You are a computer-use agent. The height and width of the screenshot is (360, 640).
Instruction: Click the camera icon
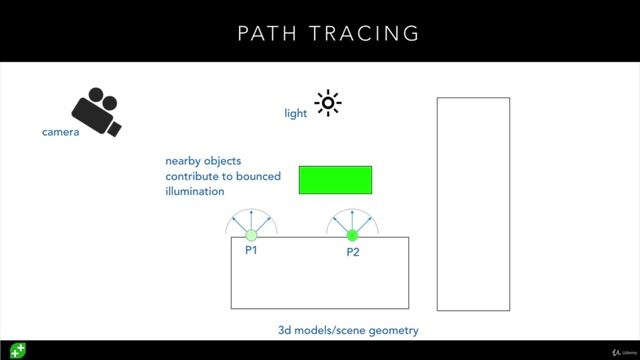click(x=96, y=111)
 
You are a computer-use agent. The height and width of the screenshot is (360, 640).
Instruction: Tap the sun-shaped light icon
click(x=327, y=103)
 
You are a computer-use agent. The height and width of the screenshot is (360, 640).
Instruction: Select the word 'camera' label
click(x=60, y=132)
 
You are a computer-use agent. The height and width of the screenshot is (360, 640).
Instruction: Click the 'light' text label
click(x=296, y=114)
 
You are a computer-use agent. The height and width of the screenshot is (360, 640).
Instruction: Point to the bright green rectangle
click(x=335, y=180)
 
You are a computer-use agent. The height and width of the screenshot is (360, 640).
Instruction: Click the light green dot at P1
click(x=251, y=236)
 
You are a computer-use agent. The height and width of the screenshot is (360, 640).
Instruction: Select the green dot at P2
click(x=352, y=236)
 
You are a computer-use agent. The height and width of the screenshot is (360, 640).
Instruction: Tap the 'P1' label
click(x=251, y=250)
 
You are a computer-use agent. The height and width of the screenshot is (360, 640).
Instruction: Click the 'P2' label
click(x=353, y=252)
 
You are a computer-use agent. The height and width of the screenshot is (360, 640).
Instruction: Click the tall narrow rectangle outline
click(x=473, y=203)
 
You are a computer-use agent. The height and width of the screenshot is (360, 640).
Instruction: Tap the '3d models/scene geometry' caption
click(x=348, y=330)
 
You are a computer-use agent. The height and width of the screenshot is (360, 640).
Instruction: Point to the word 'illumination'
click(x=195, y=191)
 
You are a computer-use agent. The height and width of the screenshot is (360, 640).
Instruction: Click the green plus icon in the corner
click(x=17, y=350)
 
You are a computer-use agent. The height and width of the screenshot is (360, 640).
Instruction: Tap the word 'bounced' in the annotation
click(x=259, y=176)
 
